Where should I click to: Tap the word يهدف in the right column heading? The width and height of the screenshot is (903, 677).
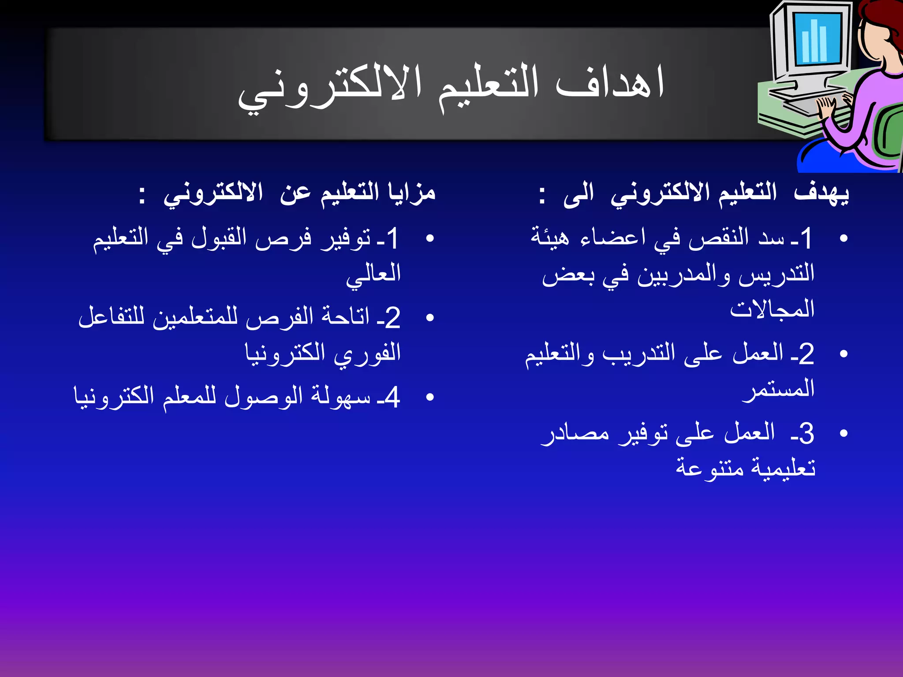(821, 193)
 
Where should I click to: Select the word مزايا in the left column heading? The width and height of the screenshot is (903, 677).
(411, 193)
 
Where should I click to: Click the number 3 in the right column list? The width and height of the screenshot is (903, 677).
(806, 434)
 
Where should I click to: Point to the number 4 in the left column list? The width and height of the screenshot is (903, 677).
(392, 397)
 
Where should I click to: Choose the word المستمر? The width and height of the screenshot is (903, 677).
(778, 389)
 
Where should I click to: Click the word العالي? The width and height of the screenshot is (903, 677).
(373, 275)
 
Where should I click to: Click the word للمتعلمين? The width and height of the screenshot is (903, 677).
(195, 317)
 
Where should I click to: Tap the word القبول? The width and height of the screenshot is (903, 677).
(219, 238)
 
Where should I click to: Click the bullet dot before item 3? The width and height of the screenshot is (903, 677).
(844, 433)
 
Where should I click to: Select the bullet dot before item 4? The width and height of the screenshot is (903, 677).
(430, 397)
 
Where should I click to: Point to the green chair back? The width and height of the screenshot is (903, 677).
(888, 132)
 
